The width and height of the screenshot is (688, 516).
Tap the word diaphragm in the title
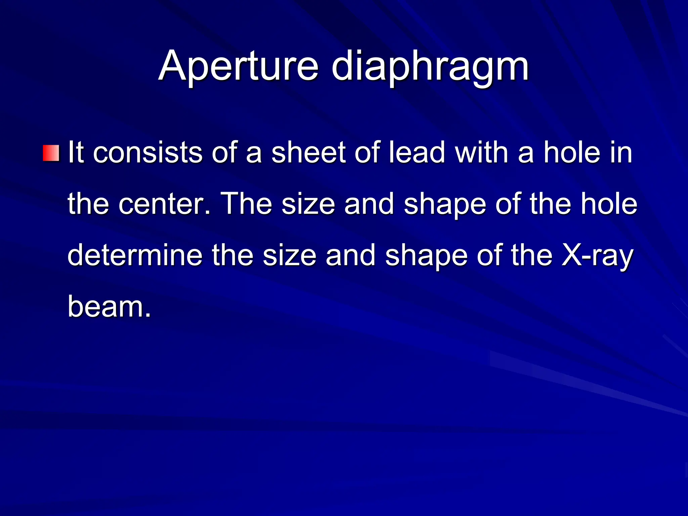(430, 66)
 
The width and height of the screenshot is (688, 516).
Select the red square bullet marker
(51, 153)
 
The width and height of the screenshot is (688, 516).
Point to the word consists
(147, 153)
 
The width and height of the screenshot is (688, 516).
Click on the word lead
(417, 153)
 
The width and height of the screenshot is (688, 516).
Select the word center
(164, 204)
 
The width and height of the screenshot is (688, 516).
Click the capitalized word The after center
(247, 204)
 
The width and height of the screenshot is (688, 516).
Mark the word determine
(135, 255)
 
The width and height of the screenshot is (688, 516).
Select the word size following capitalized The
(308, 204)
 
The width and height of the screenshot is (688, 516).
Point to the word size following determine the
(289, 255)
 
